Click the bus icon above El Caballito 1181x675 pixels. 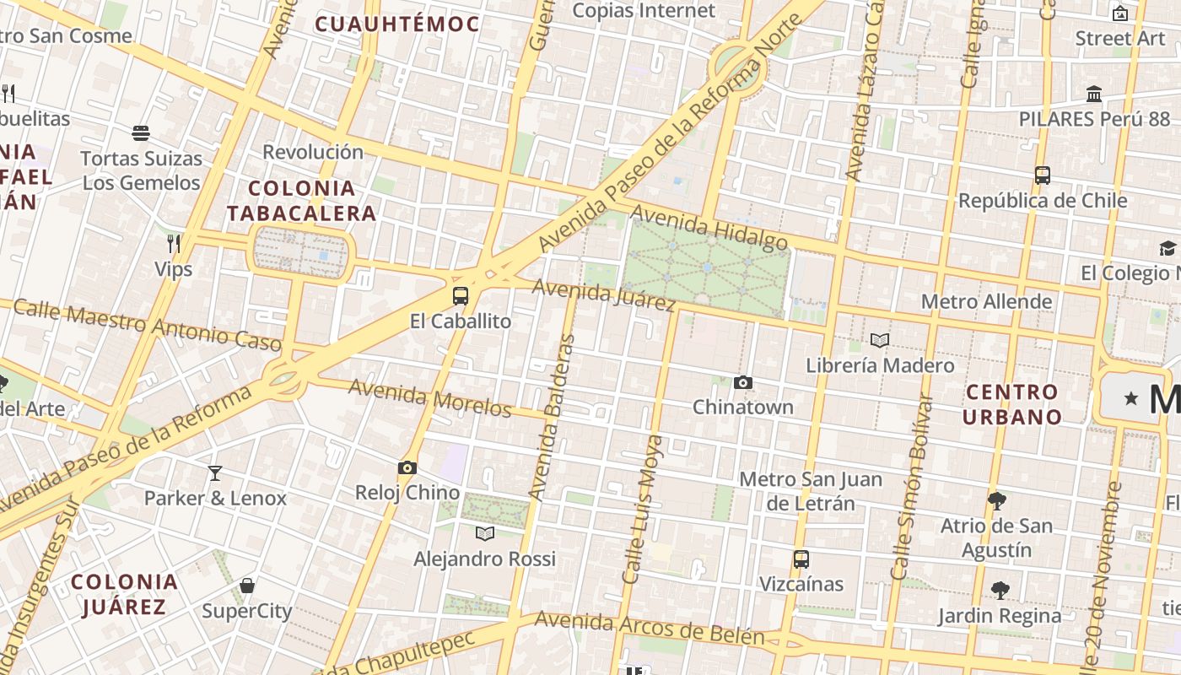click(460, 296)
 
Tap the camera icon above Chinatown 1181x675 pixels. click(742, 383)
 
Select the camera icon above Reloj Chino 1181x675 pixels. click(407, 468)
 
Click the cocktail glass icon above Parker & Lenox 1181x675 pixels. click(215, 473)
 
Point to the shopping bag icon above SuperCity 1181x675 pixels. click(247, 586)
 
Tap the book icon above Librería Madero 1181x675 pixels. click(880, 341)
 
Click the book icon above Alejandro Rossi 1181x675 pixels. click(484, 533)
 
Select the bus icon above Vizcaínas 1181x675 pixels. click(801, 559)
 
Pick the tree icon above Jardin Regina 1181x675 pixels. click(1000, 590)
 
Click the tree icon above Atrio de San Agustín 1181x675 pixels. click(996, 500)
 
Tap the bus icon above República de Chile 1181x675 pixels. click(1043, 175)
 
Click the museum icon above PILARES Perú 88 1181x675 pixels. click(1094, 94)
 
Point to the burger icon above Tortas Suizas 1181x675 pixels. click(141, 133)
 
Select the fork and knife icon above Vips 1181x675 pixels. click(174, 244)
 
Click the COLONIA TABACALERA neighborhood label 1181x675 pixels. click(301, 200)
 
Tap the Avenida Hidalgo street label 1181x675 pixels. click(709, 227)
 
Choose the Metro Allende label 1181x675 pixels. click(986, 301)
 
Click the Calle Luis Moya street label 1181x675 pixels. click(643, 510)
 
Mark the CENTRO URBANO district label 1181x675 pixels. click(1012, 404)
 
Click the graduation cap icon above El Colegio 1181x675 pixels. click(1168, 248)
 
